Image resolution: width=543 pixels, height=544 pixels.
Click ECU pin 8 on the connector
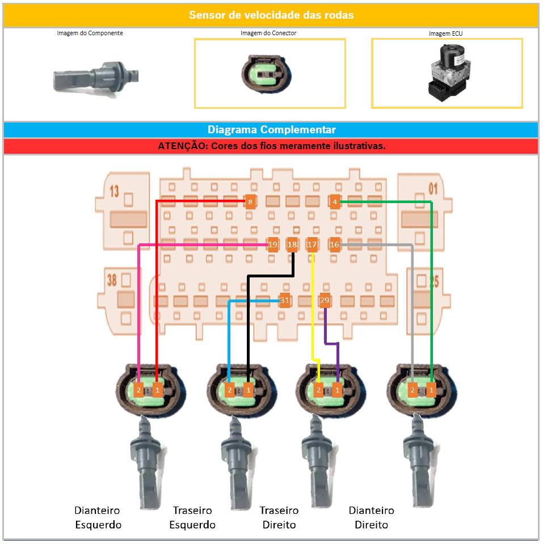pos(250,201)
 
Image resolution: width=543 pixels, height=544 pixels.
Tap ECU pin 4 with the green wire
pos(335,201)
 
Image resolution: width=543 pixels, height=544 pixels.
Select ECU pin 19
pos(273,245)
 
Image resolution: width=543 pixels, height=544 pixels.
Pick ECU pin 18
pos(292,245)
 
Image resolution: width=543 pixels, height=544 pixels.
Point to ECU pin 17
pos(312,245)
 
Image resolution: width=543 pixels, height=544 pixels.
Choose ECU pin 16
pos(334,245)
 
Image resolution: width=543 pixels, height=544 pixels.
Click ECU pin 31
pos(285,301)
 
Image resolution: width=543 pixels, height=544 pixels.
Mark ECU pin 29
pos(325,301)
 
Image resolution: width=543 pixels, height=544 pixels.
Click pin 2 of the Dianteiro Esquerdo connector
pos(138,390)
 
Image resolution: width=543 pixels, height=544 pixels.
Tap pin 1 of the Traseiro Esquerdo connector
pos(248,390)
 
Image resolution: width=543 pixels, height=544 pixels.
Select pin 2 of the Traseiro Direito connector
pos(319,390)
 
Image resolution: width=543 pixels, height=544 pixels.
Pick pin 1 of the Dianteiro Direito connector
pos(431,390)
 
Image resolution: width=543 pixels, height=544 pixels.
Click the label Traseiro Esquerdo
pos(192,517)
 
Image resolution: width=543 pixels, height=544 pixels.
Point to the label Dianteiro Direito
pos(371,517)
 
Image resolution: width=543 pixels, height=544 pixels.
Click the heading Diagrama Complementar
pos(271,129)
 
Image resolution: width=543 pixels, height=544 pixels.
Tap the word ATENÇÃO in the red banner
pos(182,146)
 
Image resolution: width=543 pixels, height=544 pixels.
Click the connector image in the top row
pos(265,73)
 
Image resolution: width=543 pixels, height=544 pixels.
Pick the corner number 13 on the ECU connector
pos(114,192)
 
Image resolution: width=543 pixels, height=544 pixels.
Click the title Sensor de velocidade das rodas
pos(271,15)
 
